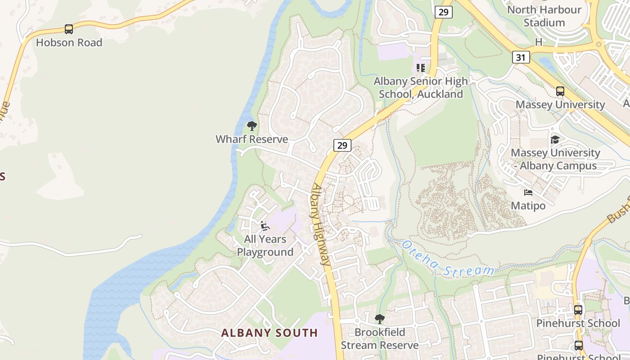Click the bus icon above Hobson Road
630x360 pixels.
(x=68, y=29)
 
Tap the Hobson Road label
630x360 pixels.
(x=69, y=43)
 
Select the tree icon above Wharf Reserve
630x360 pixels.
(x=252, y=126)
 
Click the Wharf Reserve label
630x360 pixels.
(x=252, y=139)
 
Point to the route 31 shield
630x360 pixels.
(x=521, y=57)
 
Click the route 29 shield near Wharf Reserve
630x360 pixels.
(x=342, y=145)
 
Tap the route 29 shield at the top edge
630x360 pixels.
(x=443, y=12)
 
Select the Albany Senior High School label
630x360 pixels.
(x=421, y=88)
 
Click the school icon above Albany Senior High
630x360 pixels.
(x=421, y=68)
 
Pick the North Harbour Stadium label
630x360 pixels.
(x=544, y=16)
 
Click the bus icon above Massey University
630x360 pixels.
(x=560, y=91)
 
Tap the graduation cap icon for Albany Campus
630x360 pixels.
(x=555, y=139)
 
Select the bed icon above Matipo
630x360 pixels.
(x=528, y=193)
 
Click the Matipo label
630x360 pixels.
(x=528, y=206)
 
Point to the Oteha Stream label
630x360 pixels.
(x=448, y=259)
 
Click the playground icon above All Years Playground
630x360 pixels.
(x=265, y=225)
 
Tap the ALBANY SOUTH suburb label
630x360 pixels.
(x=269, y=333)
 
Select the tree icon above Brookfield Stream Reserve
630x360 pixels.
(x=379, y=319)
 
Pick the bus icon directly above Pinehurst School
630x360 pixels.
(x=578, y=310)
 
